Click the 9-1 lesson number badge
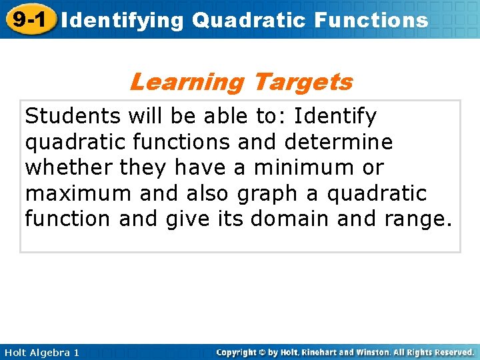pos(28,19)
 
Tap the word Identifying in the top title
pos(122,20)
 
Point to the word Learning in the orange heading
pos(187,82)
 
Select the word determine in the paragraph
pos(338,142)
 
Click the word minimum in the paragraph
pos(306,167)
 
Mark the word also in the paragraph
pos(191,193)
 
